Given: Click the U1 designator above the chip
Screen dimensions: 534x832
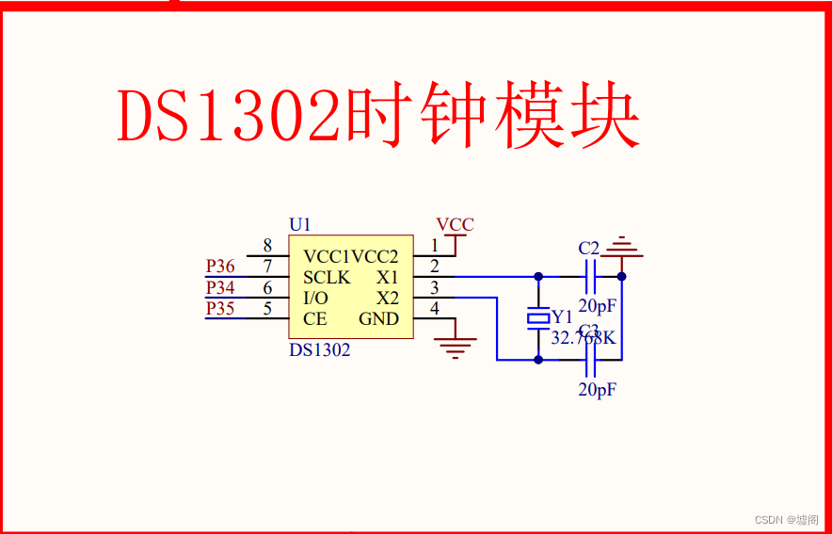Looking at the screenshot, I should [300, 224].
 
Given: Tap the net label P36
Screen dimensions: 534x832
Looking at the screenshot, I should [220, 267].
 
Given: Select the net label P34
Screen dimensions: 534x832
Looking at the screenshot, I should [220, 288].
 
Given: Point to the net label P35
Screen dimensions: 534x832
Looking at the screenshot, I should [220, 309].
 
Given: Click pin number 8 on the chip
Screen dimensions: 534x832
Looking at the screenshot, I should [267, 246].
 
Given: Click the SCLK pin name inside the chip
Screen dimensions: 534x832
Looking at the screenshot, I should [327, 277].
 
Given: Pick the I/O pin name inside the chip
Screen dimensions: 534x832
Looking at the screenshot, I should [316, 298].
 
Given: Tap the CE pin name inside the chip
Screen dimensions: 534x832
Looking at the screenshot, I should [315, 318].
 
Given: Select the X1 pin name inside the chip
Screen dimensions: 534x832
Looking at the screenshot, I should [387, 277].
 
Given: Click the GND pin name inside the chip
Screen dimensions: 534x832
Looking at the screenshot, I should [378, 318].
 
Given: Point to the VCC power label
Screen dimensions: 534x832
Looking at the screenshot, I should [455, 225].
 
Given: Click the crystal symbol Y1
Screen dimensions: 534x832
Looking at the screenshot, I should [537, 319].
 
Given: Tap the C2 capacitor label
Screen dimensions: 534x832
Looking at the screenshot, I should [589, 248].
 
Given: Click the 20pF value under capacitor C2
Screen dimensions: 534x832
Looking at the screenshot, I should [597, 305].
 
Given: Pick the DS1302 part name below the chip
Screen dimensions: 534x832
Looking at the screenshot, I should [320, 349].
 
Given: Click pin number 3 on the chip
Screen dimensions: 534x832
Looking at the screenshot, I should [434, 288].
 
